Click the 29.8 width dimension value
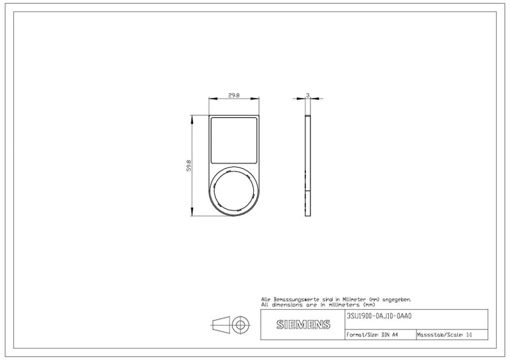click(234, 96)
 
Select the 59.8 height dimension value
click(189, 166)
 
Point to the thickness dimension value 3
click(308, 96)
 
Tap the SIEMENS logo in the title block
click(303, 324)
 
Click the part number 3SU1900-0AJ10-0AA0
click(379, 316)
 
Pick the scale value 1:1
click(469, 335)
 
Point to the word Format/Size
click(362, 335)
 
